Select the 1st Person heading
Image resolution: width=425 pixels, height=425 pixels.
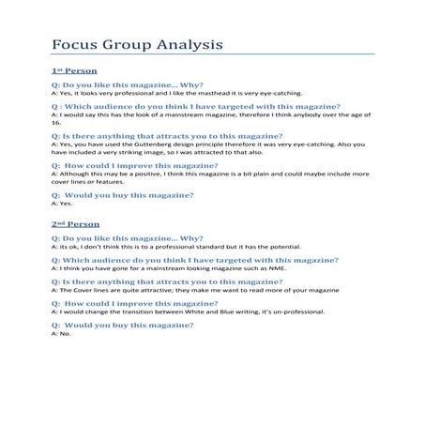point(74,71)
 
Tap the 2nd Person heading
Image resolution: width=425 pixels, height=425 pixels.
point(75,225)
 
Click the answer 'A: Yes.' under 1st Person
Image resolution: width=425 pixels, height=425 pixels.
point(61,204)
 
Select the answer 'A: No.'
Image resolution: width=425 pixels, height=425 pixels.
point(60,334)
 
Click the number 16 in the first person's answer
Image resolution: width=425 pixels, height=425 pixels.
point(55,123)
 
